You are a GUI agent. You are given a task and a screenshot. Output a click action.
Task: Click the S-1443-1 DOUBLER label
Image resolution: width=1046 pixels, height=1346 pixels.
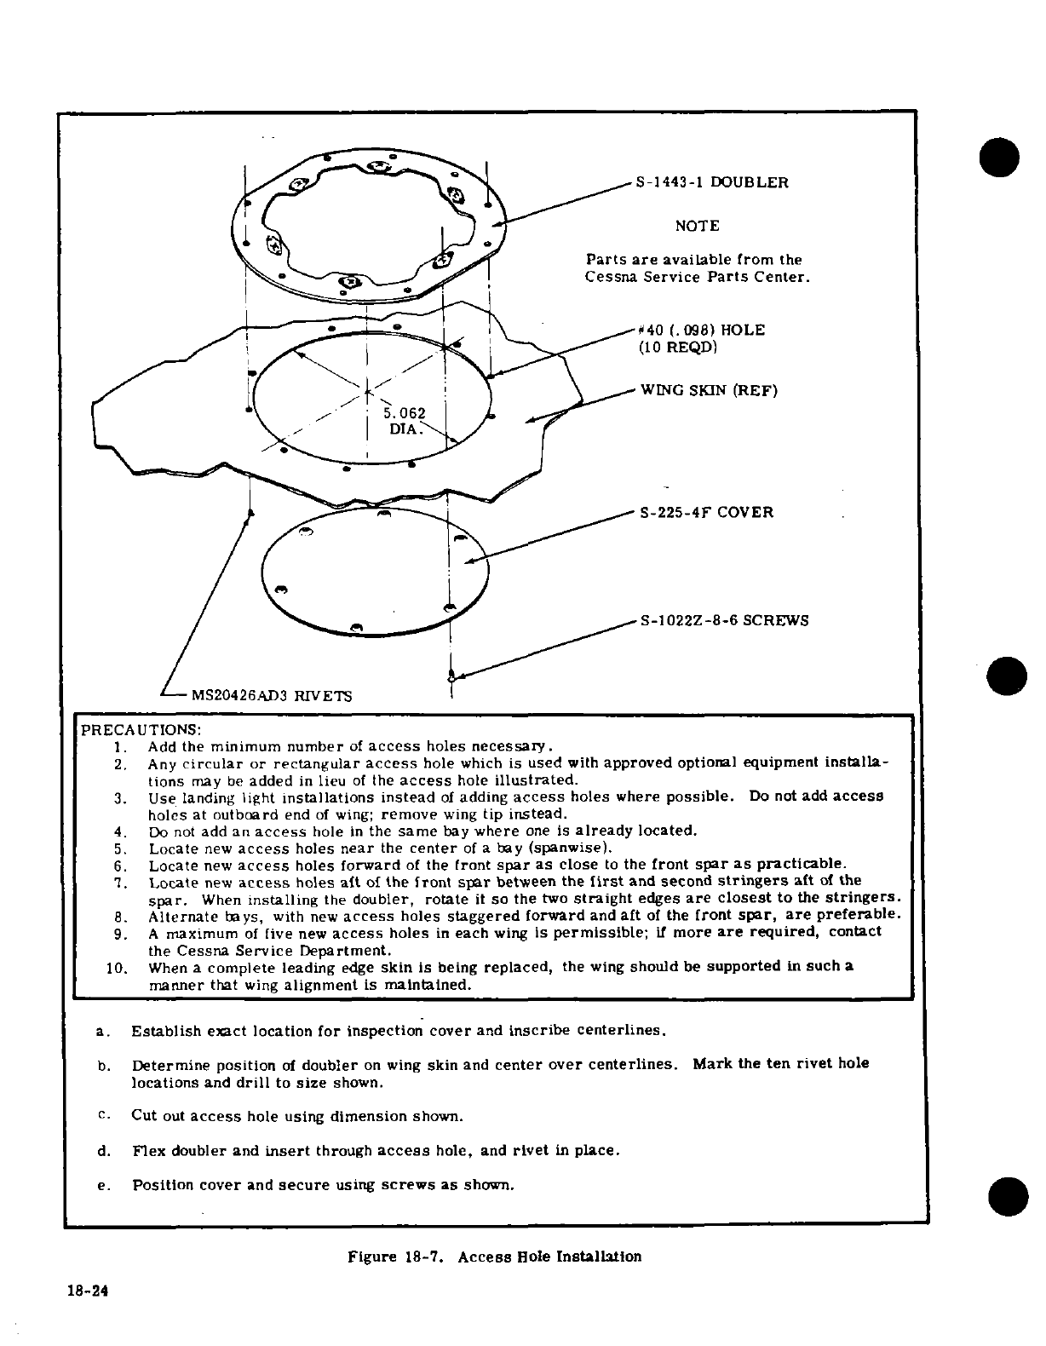(711, 182)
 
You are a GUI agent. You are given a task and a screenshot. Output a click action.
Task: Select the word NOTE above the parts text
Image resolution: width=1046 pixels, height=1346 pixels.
(697, 226)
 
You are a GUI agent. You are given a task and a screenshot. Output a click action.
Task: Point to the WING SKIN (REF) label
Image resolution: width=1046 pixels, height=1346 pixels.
(709, 391)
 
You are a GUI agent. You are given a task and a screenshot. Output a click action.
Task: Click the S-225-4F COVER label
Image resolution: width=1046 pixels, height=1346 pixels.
(706, 513)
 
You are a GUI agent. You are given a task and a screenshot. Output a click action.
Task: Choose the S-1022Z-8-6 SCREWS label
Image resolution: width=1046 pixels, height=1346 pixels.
(724, 620)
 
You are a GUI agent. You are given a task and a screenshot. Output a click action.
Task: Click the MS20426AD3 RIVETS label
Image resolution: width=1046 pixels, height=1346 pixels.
(271, 695)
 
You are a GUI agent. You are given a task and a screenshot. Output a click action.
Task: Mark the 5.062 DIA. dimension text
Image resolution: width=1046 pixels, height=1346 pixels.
(405, 422)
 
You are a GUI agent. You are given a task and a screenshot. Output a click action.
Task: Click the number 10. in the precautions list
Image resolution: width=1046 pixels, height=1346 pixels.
(117, 968)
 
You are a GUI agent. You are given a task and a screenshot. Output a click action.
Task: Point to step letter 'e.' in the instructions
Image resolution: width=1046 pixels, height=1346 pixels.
(103, 1186)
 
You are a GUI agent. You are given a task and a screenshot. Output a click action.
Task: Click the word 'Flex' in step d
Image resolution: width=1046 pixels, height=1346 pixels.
(149, 1151)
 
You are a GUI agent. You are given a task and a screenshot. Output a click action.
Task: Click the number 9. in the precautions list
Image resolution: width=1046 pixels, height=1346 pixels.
(120, 934)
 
